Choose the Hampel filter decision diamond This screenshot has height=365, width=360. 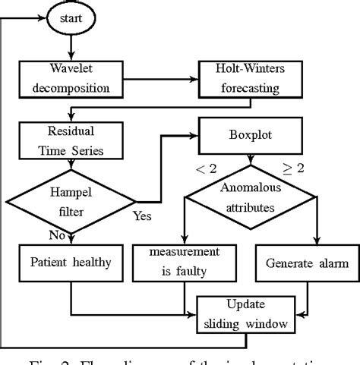click(70, 202)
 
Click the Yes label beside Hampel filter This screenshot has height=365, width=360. click(143, 216)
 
